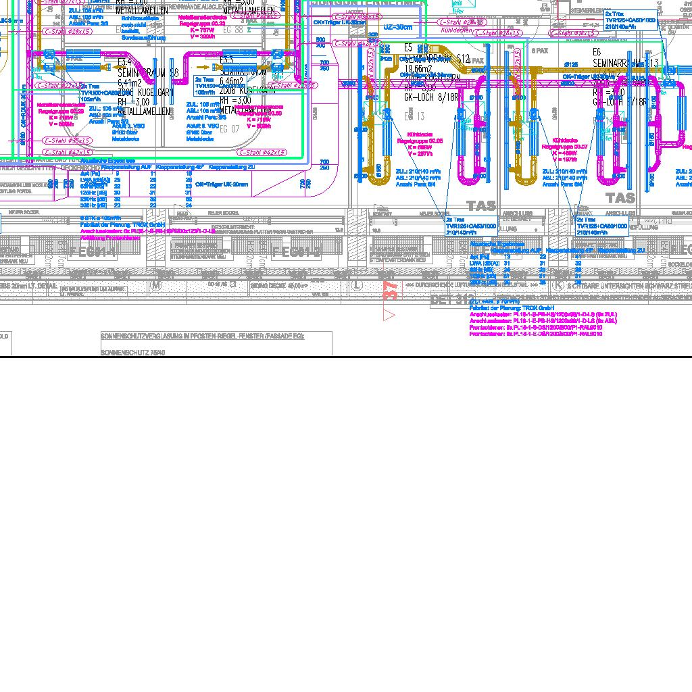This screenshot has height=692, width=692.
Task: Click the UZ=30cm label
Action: pyautogui.click(x=397, y=27)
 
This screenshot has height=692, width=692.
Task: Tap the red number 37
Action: pyautogui.click(x=390, y=289)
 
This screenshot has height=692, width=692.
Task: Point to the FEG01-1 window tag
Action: pyautogui.click(x=93, y=252)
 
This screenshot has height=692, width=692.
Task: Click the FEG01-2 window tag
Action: pyautogui.click(x=295, y=252)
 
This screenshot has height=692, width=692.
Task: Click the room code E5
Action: pyautogui.click(x=408, y=48)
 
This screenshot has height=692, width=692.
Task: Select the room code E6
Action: pyautogui.click(x=597, y=52)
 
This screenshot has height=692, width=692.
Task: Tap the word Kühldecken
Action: pyautogui.click(x=455, y=30)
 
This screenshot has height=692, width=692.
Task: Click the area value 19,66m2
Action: pyautogui.click(x=417, y=69)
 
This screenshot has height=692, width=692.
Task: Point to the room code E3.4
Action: pyautogui.click(x=124, y=61)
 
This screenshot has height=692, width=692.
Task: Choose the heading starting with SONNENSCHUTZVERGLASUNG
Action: pyautogui.click(x=203, y=336)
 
